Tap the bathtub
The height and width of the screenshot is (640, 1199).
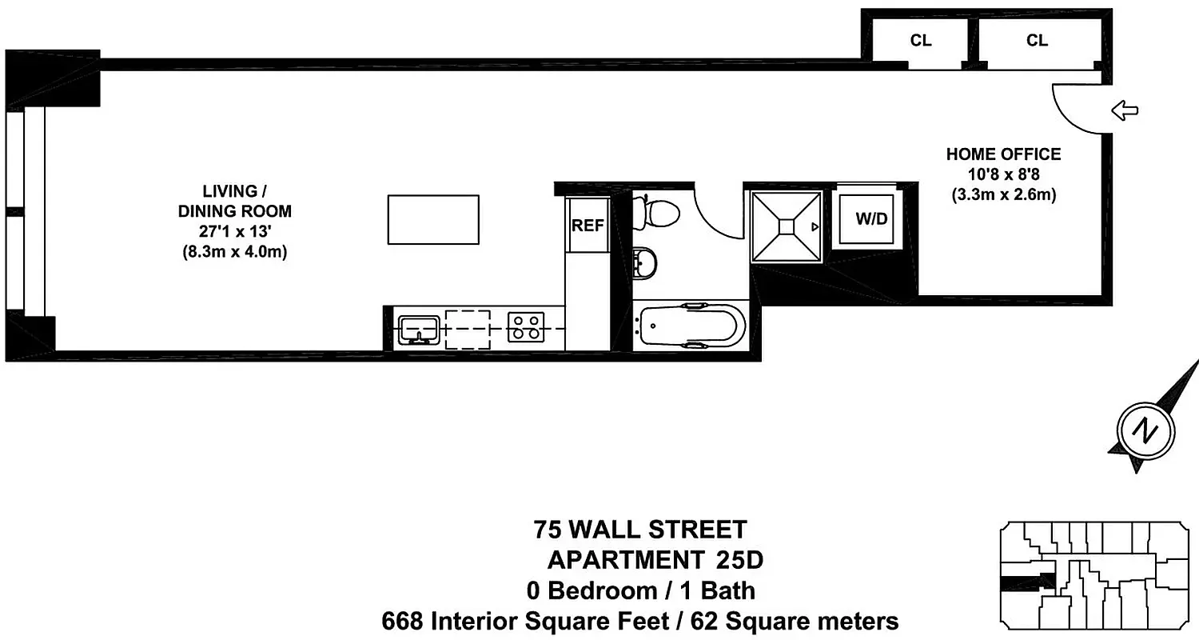[x=692, y=326]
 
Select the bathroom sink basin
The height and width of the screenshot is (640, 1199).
[x=645, y=262]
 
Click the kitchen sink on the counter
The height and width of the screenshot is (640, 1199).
[x=419, y=329]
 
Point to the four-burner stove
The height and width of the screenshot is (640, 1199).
[x=525, y=328]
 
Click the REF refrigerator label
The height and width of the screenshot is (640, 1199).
[x=588, y=226]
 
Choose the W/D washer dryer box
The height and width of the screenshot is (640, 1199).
[x=871, y=218]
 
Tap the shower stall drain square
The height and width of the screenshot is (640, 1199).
[x=787, y=227]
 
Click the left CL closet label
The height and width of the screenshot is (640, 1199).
[x=921, y=40]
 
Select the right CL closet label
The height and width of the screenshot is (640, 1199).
[x=1037, y=40]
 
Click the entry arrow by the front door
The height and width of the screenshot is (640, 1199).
[x=1125, y=111]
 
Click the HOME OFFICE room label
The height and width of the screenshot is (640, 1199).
[x=1003, y=154]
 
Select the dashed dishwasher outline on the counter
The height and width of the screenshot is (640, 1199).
[x=468, y=329]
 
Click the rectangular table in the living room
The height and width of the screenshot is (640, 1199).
[x=433, y=219]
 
